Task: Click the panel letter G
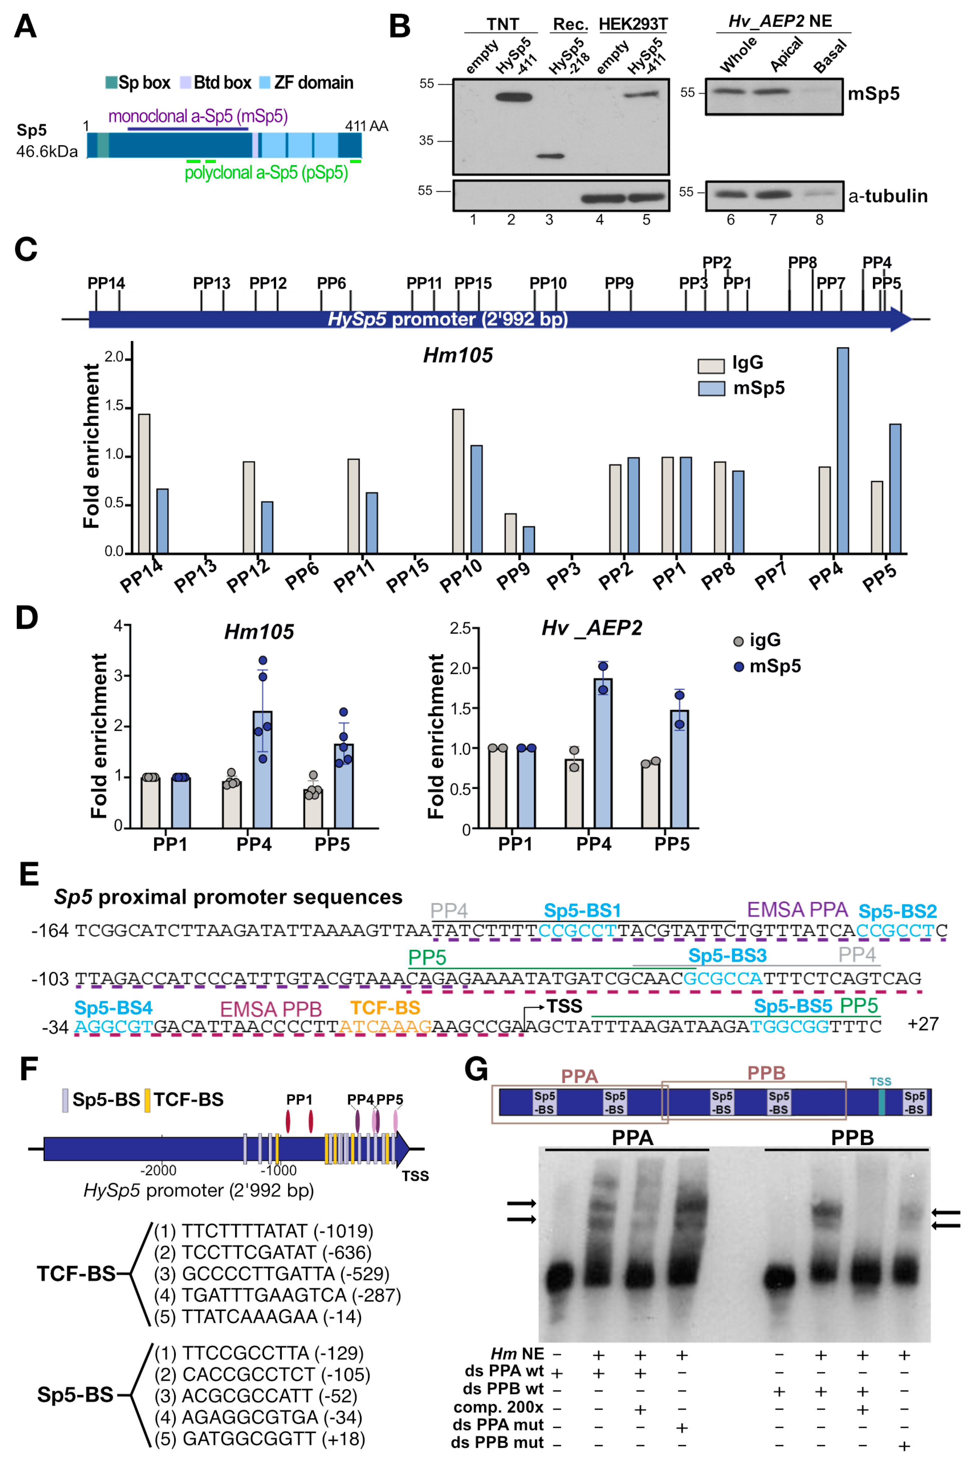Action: [476, 1069]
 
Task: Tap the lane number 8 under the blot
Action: [820, 220]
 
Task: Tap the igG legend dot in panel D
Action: [738, 641]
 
